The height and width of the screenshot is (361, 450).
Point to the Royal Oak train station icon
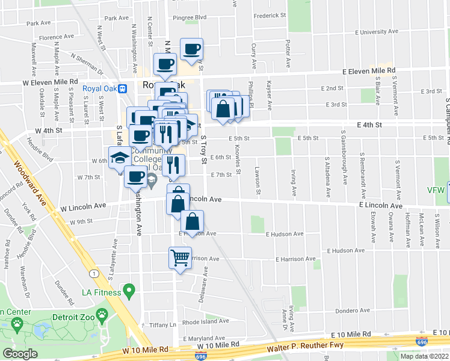(123, 88)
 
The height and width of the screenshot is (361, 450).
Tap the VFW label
(437, 191)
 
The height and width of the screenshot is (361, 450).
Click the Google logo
(20, 354)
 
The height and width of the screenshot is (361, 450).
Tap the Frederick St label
(270, 15)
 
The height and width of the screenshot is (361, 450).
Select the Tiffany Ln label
(163, 324)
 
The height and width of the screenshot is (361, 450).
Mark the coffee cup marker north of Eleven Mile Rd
(191, 49)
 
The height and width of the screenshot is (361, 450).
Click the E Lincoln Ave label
(380, 205)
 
